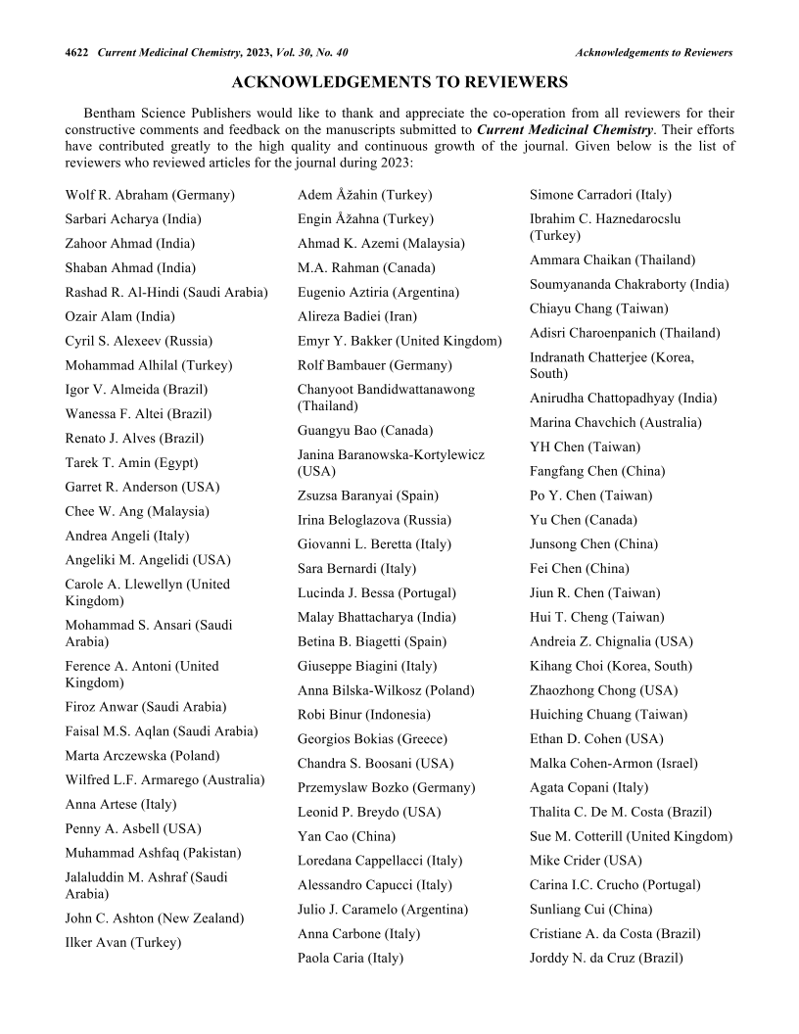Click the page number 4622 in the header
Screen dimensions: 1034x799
[76, 52]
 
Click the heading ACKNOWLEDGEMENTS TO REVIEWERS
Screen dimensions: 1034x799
[399, 81]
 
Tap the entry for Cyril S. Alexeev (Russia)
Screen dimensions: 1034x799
[138, 341]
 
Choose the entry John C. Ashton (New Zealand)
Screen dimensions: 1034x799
[155, 918]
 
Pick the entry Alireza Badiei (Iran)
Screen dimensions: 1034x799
[356, 316]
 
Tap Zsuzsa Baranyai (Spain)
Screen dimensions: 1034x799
[368, 495]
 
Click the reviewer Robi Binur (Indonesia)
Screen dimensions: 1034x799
[363, 715]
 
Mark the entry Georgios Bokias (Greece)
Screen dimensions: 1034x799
[372, 739]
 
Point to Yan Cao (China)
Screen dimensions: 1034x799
[347, 836]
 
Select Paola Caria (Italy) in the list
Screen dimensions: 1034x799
[351, 959]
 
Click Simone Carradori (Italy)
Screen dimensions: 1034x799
[600, 195]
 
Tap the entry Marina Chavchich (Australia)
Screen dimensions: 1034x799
[615, 422]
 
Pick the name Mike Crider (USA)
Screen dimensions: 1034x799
[586, 861]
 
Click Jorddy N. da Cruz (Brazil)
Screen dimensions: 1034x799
[606, 959]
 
